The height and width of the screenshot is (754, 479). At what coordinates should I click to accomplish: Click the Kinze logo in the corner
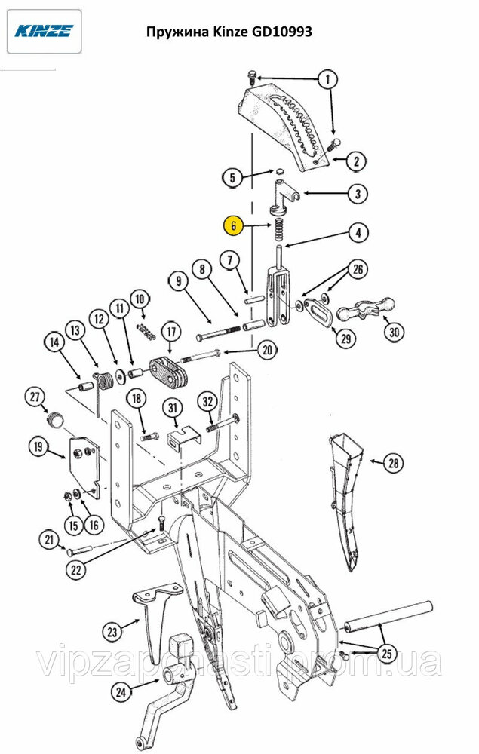coord(44,31)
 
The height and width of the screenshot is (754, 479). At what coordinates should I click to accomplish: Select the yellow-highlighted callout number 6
coord(233,225)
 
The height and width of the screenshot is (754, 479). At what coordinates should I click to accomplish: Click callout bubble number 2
coord(356,161)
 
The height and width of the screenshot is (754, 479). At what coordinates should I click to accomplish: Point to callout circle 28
coord(394,464)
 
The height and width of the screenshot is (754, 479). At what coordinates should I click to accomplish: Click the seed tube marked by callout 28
coord(346,500)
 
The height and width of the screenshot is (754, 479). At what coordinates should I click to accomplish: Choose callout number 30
coord(394,332)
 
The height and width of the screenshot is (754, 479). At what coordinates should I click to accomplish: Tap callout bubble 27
coord(35,397)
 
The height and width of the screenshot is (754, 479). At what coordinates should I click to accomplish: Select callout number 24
coord(121,692)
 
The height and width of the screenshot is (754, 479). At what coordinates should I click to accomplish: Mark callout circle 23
coord(112,631)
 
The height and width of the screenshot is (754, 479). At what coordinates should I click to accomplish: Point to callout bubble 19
coord(38,446)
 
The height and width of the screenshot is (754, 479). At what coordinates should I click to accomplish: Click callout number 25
coord(387,654)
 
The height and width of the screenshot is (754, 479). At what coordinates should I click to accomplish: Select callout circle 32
coord(207,401)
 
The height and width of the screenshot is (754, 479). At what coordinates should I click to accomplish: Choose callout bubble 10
coord(140,299)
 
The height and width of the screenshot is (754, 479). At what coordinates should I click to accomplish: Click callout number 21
coord(49,540)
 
